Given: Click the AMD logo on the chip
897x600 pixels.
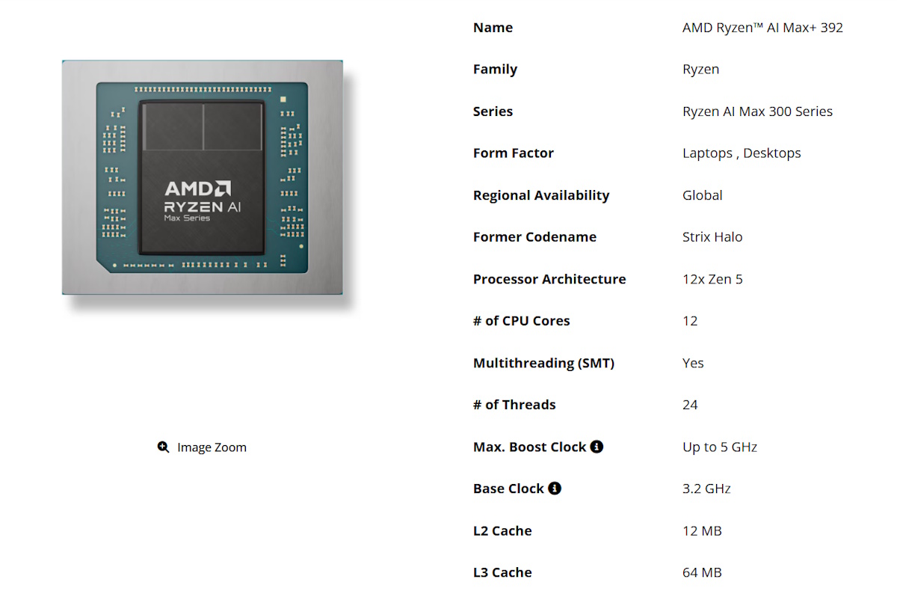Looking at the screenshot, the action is tap(198, 189).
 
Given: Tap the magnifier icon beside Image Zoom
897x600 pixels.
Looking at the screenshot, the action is tap(164, 447).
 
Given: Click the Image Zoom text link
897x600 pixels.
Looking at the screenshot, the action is tap(212, 447).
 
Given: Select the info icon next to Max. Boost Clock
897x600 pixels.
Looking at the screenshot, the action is tap(597, 447).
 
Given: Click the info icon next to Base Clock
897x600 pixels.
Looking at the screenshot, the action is tap(555, 489).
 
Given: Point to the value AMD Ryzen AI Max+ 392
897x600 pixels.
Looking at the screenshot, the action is tap(762, 28).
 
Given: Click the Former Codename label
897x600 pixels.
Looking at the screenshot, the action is tap(534, 237).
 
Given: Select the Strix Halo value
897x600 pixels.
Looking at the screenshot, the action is tap(712, 237).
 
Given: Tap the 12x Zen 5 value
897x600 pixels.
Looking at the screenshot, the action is tap(712, 279).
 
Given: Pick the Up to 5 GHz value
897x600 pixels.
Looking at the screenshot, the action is tap(720, 447).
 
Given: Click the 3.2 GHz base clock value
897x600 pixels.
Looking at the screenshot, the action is tap(706, 489).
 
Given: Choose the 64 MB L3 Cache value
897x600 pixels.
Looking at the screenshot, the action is tap(702, 572).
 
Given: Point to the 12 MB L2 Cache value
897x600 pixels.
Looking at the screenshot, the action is tap(702, 530).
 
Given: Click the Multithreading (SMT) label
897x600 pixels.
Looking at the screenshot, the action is tap(543, 363).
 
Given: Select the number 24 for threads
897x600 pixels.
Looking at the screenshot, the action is tap(690, 405).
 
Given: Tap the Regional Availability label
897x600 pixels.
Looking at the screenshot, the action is tap(541, 195).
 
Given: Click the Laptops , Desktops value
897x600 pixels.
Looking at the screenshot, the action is tap(742, 153).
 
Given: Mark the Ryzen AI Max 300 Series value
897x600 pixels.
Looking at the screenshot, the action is tap(757, 111).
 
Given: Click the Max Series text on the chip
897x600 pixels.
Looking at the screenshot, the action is tap(187, 218).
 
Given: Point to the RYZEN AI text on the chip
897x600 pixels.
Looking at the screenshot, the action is tap(203, 206).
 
